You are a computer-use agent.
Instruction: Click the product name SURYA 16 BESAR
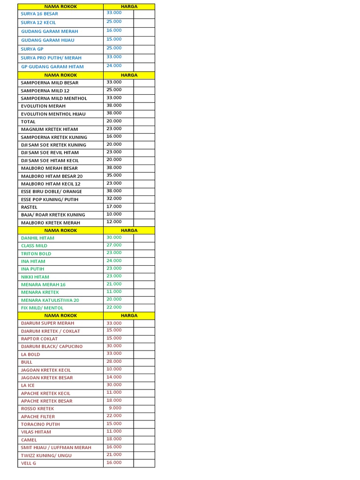(x=39, y=14)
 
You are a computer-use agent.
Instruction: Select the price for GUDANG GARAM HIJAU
(x=114, y=39)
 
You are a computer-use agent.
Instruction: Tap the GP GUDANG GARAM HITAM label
(x=52, y=67)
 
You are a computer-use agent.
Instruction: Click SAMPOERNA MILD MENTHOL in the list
(x=54, y=98)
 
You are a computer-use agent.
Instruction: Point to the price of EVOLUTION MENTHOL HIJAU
(x=114, y=113)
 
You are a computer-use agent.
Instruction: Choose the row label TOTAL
(x=28, y=121)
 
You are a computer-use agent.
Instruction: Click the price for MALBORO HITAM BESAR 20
(x=114, y=175)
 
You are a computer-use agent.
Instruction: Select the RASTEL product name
(x=29, y=207)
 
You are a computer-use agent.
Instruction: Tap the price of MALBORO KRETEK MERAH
(x=114, y=222)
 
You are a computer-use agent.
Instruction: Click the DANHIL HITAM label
(x=37, y=238)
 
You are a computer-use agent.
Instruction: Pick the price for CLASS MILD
(x=114, y=245)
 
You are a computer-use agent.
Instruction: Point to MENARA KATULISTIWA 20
(x=50, y=300)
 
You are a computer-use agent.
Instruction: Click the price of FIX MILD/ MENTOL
(x=114, y=307)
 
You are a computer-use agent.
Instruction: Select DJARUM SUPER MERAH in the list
(x=47, y=323)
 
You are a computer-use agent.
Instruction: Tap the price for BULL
(x=114, y=361)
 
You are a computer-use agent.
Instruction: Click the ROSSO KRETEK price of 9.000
(x=115, y=408)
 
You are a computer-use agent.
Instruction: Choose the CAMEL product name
(x=29, y=440)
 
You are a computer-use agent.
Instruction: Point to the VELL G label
(x=28, y=463)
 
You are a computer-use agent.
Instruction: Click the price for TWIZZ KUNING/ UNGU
(x=114, y=454)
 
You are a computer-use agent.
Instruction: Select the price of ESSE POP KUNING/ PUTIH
(x=114, y=198)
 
